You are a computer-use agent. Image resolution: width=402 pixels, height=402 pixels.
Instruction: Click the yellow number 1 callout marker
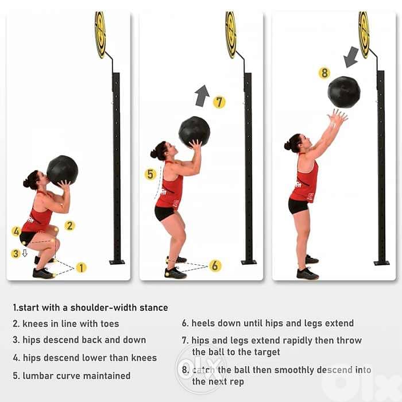(82, 268)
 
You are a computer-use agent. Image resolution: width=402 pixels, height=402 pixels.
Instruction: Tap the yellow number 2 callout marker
(69, 226)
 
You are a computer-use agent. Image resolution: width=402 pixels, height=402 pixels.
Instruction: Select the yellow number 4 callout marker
(17, 231)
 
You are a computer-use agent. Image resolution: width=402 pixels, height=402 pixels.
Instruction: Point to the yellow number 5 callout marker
(150, 175)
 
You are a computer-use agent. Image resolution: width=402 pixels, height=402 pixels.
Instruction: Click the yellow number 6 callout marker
(215, 265)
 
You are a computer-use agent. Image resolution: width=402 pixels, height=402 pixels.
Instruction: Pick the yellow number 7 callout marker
(219, 102)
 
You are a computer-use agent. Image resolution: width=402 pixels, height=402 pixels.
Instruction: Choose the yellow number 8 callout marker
(324, 73)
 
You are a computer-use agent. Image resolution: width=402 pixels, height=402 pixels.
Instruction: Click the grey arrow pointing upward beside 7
(202, 96)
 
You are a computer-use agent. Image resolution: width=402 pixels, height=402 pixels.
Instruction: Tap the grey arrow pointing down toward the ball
(350, 57)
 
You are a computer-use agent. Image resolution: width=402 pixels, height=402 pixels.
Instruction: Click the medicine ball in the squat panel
(62, 171)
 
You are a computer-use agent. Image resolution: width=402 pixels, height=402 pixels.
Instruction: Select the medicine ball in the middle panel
(194, 132)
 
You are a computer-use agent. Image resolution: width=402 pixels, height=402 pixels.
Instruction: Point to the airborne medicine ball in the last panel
(344, 92)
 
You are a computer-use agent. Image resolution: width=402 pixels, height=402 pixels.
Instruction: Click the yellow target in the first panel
(100, 35)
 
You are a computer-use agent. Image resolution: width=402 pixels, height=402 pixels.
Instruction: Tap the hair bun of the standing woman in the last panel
(287, 146)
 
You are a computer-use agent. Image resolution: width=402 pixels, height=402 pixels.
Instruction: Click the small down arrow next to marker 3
(25, 253)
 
